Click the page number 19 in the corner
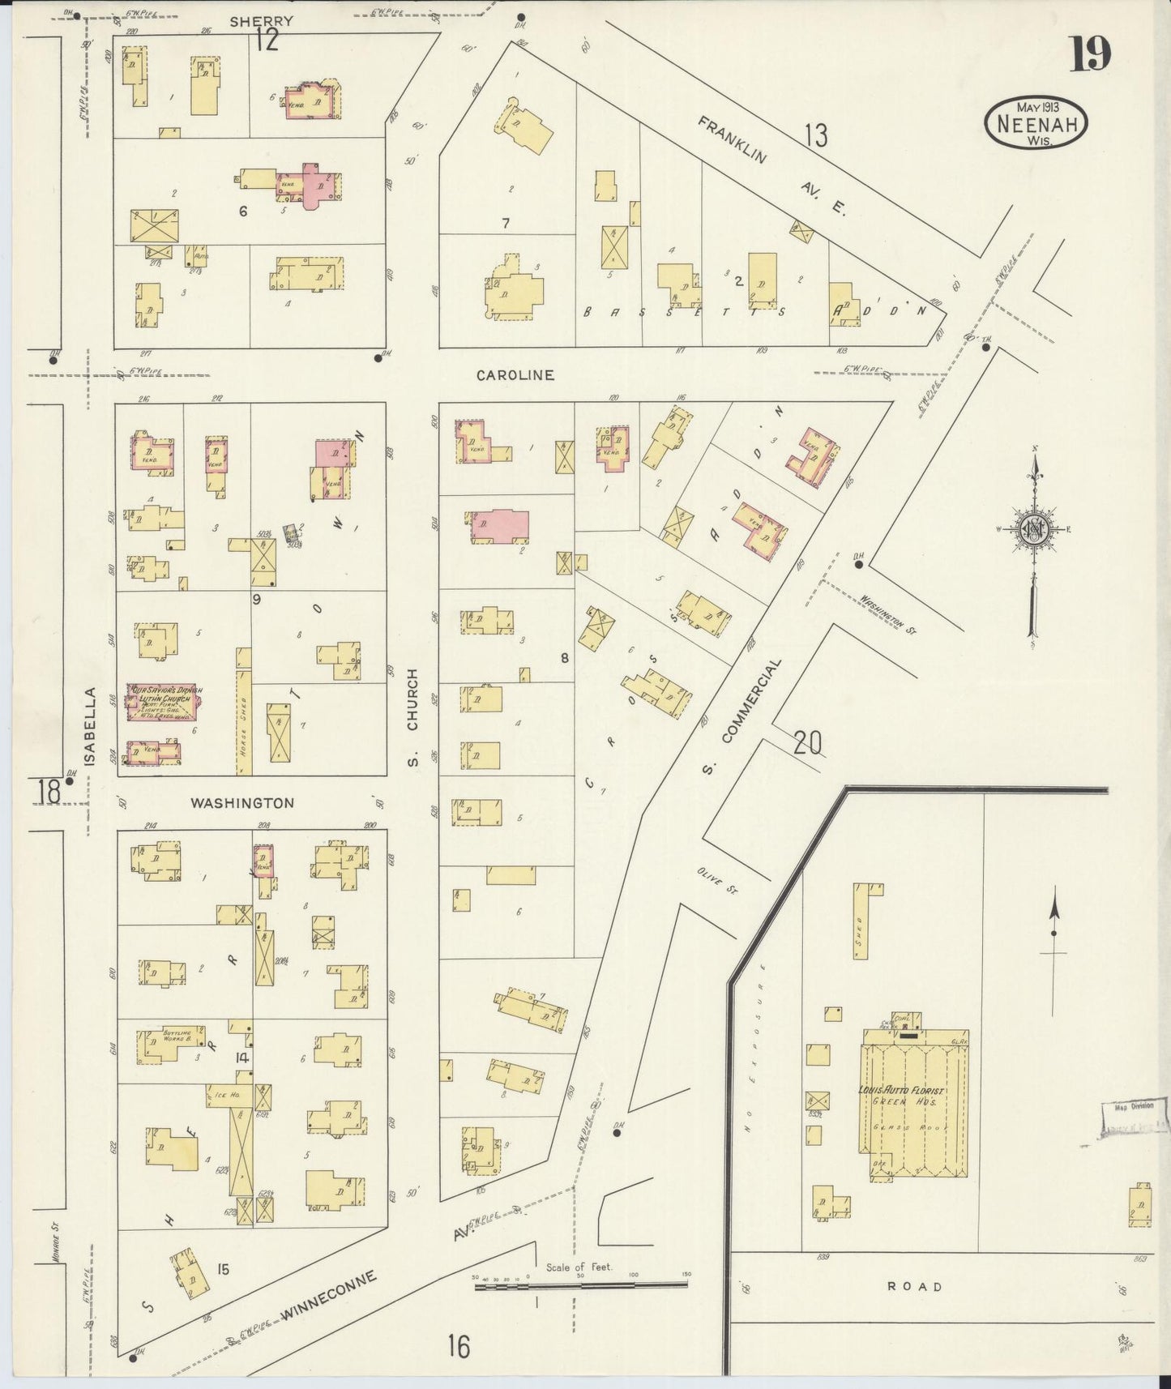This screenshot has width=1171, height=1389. (x=1090, y=55)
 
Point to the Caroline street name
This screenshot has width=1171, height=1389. (x=515, y=375)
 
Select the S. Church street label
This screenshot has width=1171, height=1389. (x=412, y=717)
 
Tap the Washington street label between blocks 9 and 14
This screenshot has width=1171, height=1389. (x=242, y=803)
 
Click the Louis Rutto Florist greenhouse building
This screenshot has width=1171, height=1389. (x=913, y=1102)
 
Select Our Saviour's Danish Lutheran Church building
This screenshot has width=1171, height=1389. (x=160, y=702)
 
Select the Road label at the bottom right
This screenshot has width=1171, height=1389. (x=915, y=1286)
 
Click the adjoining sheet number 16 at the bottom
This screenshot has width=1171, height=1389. (x=459, y=1346)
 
